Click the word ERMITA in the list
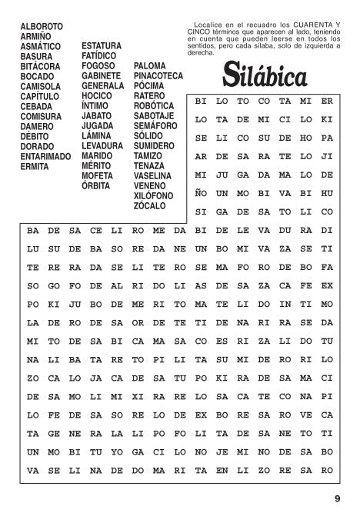click(35, 166)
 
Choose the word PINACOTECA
click(158, 76)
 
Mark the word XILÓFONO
click(154, 196)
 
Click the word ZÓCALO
click(149, 206)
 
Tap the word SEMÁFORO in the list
click(155, 126)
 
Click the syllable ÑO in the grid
click(201, 193)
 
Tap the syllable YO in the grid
click(116, 451)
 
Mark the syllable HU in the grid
click(326, 193)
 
